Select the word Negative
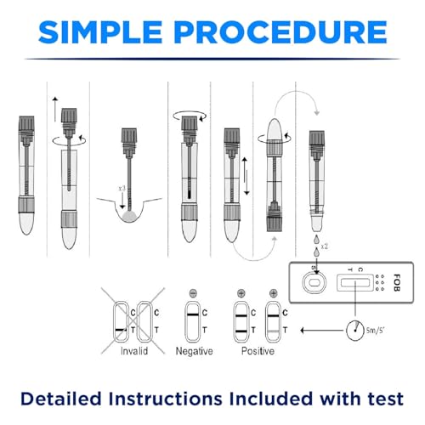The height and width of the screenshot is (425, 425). tap(194, 350)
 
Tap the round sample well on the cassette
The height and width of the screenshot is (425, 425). tap(314, 282)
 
